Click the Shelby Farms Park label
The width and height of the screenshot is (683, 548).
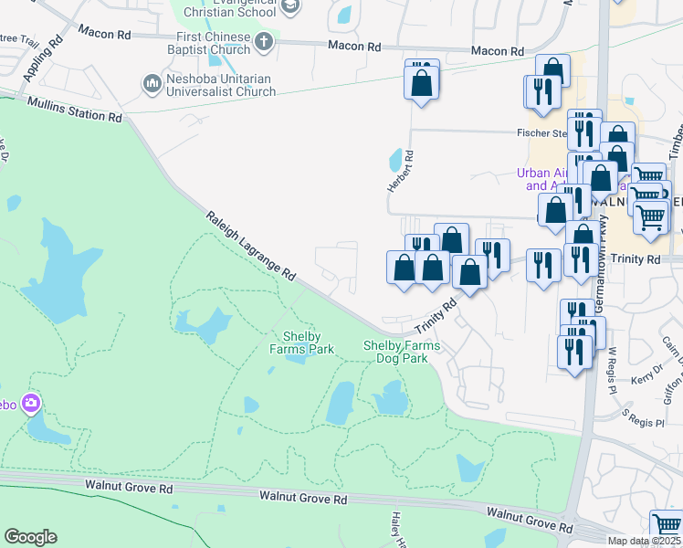point(301,342)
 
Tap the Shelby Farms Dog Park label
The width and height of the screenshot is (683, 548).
point(402,352)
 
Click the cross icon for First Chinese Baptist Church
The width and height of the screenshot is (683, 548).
point(264,41)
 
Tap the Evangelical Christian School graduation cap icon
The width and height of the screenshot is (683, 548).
point(290,8)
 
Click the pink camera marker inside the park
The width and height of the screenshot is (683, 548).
point(32,403)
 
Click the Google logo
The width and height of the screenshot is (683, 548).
point(30,537)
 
